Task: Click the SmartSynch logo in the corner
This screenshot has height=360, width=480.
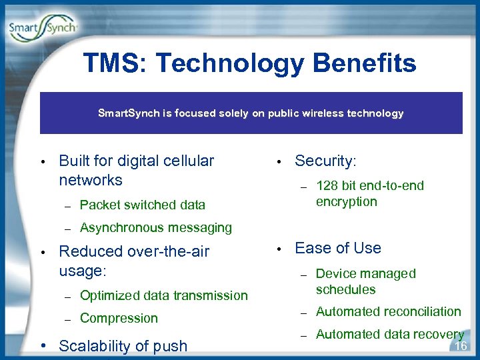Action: click(43, 29)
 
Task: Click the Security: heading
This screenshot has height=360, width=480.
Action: click(325, 161)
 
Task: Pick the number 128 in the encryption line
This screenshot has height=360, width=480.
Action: click(327, 185)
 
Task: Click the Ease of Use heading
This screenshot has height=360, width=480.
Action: click(337, 248)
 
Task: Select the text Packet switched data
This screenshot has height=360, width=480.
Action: click(142, 205)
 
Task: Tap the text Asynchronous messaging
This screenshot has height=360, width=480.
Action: click(155, 227)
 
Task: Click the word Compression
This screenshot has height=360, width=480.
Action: click(119, 318)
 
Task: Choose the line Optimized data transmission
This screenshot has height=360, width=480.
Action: click(163, 295)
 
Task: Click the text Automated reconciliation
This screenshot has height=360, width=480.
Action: click(388, 311)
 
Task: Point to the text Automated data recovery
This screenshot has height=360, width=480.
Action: click(389, 334)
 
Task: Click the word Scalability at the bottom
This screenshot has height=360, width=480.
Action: click(94, 345)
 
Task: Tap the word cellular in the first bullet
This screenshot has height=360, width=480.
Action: click(188, 161)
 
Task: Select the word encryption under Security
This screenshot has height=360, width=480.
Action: click(346, 201)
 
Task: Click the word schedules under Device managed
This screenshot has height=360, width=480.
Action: click(345, 289)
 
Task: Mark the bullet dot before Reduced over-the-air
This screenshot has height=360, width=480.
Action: click(41, 252)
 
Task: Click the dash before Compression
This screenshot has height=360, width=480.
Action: click(67, 319)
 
